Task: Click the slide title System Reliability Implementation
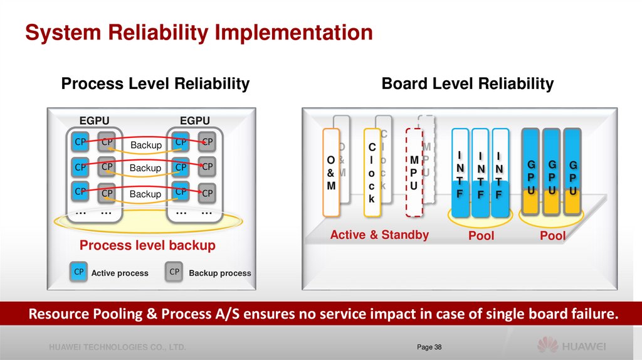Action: (199, 33)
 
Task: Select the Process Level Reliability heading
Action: (155, 84)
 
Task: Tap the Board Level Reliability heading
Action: (468, 84)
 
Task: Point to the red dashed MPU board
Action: (414, 172)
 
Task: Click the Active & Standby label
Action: (379, 235)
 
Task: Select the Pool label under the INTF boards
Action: (481, 236)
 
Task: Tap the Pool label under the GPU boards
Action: (552, 236)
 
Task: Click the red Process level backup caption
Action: (147, 245)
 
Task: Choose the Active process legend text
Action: (120, 273)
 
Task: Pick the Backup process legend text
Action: (219, 273)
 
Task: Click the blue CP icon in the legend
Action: (79, 272)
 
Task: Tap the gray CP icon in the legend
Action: (175, 272)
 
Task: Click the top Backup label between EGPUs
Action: (146, 146)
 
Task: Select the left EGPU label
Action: (94, 120)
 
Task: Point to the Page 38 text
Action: (429, 347)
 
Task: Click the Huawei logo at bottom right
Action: (571, 346)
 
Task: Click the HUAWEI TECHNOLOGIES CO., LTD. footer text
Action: (118, 347)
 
